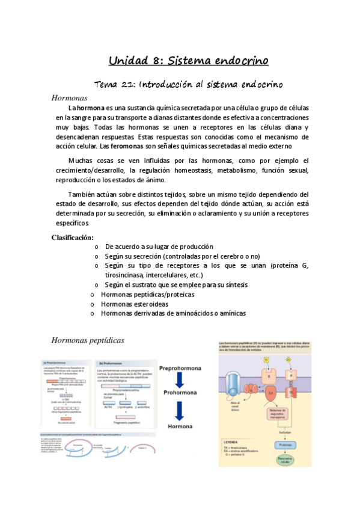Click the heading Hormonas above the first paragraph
(x=69, y=97)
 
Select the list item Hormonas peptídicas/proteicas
(x=148, y=295)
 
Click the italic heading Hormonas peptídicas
(x=88, y=340)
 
